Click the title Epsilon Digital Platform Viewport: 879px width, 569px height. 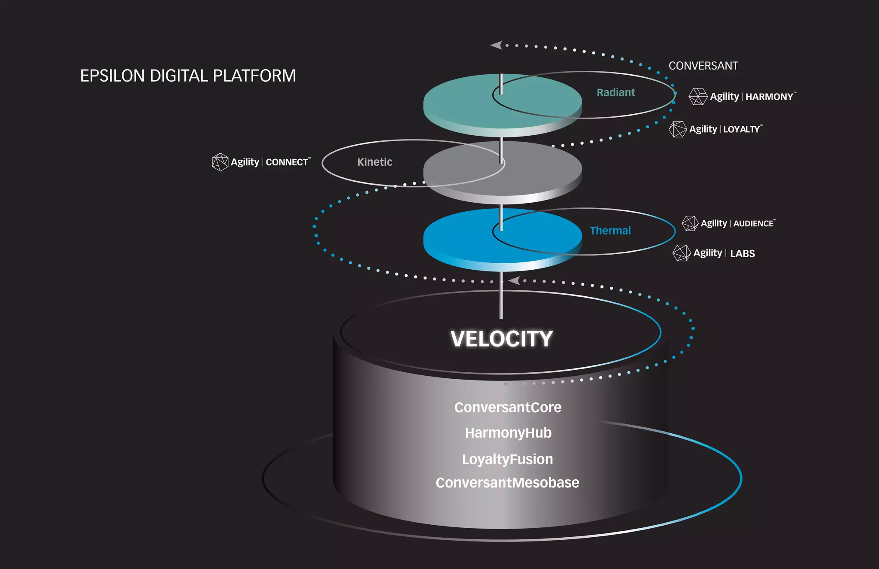point(188,76)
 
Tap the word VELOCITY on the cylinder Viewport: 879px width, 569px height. point(501,339)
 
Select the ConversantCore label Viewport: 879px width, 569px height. point(508,407)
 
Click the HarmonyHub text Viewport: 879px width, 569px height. point(508,433)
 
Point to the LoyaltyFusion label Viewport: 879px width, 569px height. point(507,459)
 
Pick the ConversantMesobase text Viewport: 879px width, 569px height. point(507,483)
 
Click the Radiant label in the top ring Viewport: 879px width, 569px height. point(615,93)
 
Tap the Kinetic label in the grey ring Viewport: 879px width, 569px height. point(375,162)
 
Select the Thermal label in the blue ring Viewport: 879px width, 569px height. point(610,231)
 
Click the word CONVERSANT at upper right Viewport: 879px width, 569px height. point(703,66)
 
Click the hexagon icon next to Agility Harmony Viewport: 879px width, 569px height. point(697,97)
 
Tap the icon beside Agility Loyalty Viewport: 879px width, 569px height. point(678,129)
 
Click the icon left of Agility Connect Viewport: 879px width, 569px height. point(220,162)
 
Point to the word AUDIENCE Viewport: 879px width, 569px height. point(753,224)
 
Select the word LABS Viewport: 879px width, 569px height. point(742,254)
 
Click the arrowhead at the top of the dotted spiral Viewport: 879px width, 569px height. point(497,45)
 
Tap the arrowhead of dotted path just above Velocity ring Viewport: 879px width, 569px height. point(514,281)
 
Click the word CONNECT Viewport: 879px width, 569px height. point(287,162)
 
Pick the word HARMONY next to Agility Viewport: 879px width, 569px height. point(769,97)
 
